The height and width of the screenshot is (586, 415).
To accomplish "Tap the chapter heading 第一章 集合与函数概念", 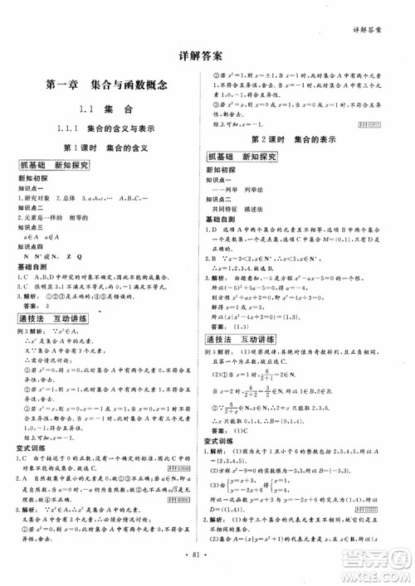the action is point(108,84).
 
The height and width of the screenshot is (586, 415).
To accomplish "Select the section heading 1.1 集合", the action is point(106,109).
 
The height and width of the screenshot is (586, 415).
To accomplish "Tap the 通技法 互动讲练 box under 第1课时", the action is point(56,319).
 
